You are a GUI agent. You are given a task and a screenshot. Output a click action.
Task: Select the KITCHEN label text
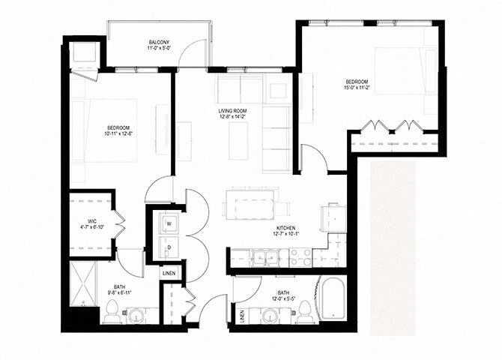point(285,227)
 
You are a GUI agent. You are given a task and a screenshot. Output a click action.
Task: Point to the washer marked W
point(168,223)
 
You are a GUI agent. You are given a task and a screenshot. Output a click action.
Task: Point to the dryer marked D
point(168,247)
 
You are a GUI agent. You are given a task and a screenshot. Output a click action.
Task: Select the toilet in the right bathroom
point(303,312)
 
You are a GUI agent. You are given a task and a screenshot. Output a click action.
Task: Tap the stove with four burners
point(300,258)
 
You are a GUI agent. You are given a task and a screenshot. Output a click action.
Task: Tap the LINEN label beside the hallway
point(169,273)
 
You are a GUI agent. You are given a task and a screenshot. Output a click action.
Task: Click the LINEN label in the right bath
point(241,316)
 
